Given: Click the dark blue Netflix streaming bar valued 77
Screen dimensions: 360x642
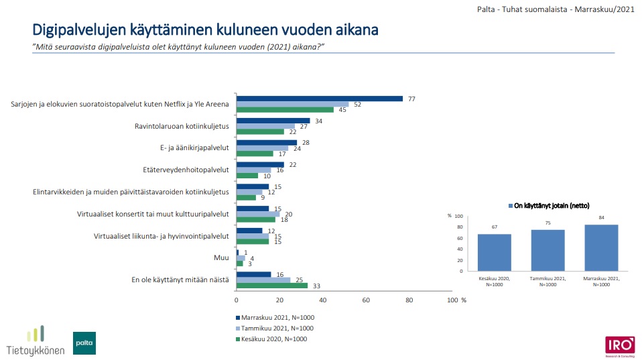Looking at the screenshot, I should point(319,99).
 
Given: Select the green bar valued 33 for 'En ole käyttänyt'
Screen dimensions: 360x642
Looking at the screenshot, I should point(271,285).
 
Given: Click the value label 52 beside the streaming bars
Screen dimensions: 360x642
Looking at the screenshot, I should point(357,104).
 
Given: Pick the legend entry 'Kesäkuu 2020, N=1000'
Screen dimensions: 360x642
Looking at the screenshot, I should point(274,339).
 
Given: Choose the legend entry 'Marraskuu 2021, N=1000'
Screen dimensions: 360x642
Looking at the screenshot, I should point(275,317).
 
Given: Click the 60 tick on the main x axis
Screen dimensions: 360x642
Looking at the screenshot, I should point(366,299).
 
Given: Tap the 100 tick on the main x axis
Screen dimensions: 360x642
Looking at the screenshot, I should point(452,299).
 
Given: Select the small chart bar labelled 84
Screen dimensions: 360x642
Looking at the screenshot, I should point(601,247).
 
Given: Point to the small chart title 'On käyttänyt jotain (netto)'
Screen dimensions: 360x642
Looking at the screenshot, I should point(551,205).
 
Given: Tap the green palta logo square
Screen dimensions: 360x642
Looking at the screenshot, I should point(84,343).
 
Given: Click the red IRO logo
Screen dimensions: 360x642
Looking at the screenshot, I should point(619,345).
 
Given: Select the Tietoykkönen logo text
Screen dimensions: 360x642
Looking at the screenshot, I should point(35,349).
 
